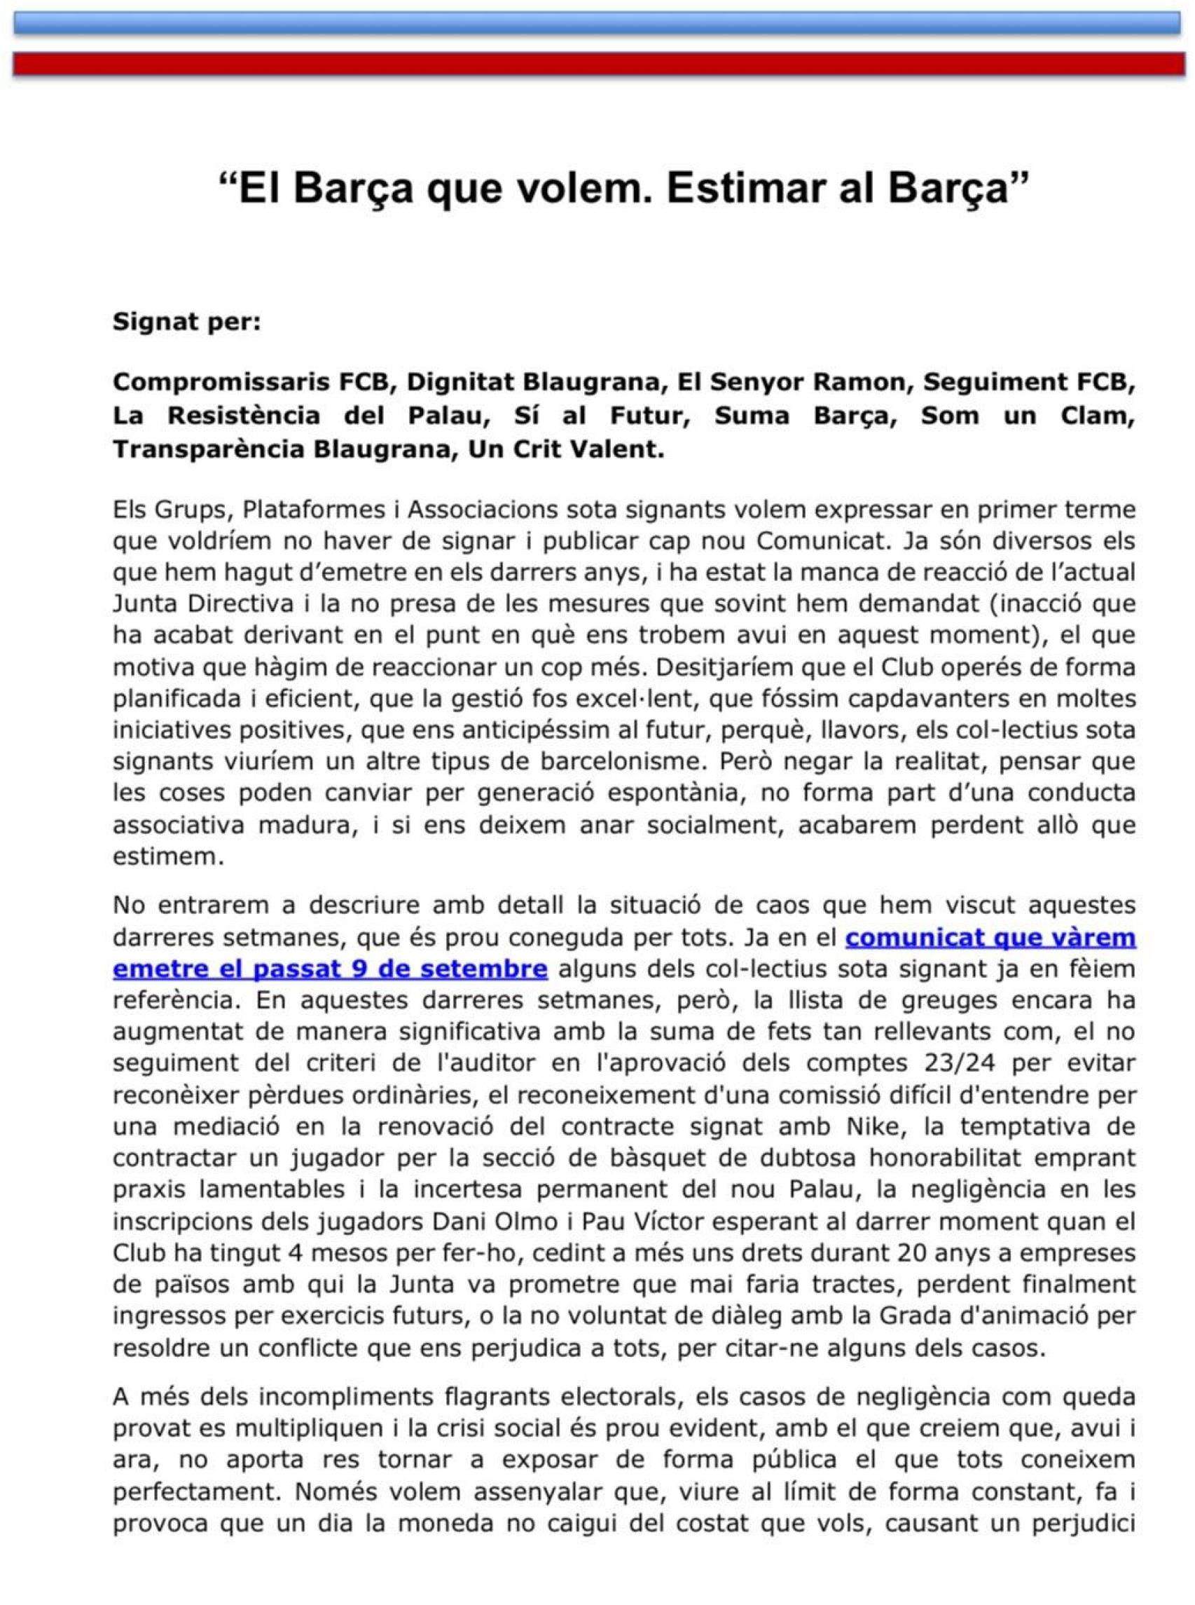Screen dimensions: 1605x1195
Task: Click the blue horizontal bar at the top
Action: [x=597, y=23]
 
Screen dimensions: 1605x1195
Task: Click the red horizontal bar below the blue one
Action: [x=597, y=64]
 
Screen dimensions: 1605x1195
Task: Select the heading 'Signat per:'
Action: [x=186, y=322]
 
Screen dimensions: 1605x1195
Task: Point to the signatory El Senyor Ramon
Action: [x=792, y=382]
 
